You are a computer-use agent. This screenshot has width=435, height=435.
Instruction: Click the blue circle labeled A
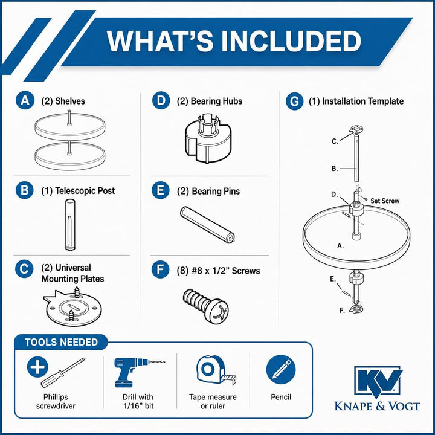(x=25, y=100)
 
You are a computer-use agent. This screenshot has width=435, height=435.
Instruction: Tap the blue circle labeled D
(x=161, y=100)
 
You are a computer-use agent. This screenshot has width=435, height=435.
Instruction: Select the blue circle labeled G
(x=294, y=101)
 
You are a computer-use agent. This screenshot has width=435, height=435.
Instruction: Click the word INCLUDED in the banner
(x=291, y=41)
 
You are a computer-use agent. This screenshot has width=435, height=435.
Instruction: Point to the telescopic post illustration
(x=69, y=224)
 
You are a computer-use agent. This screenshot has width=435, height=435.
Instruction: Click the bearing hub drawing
(x=207, y=138)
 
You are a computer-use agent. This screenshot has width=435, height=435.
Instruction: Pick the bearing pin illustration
(x=207, y=225)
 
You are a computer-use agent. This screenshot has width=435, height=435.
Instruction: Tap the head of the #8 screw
(x=217, y=311)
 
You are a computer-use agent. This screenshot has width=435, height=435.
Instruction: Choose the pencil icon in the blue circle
(x=281, y=370)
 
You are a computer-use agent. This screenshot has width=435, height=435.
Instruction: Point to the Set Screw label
(x=385, y=201)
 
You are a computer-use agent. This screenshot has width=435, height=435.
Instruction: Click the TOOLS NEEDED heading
(x=61, y=342)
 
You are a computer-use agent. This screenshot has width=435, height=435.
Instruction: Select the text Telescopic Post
(x=85, y=191)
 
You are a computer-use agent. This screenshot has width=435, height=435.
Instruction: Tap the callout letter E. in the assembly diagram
(x=333, y=279)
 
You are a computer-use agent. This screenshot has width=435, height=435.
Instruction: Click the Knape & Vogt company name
(x=377, y=406)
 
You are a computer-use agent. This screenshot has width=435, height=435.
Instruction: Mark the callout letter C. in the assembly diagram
(x=335, y=141)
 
